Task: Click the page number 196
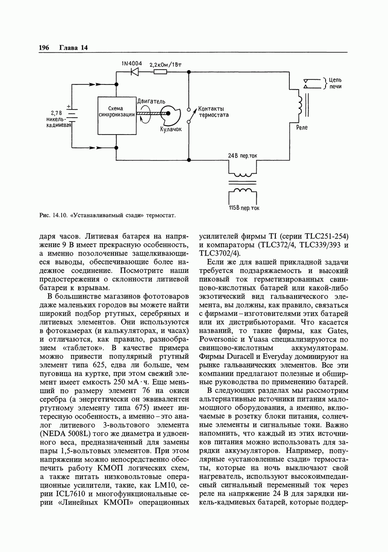tap(44, 48)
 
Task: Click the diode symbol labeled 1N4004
tap(135, 72)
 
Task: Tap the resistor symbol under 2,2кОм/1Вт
tap(160, 72)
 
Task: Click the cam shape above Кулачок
tap(172, 114)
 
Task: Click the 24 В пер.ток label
tap(242, 156)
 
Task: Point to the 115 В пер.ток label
tap(244, 208)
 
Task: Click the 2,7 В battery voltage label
tap(57, 113)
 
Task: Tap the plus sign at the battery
tap(68, 106)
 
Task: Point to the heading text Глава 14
tap(73, 48)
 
